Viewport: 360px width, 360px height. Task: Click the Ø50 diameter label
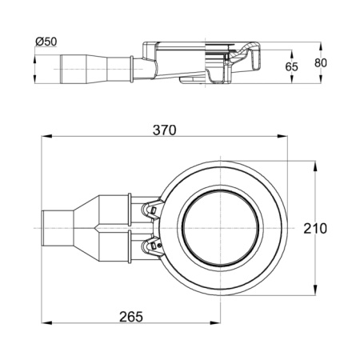point(46,42)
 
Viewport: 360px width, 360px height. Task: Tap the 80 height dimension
point(321,63)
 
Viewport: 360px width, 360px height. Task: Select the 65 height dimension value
point(291,66)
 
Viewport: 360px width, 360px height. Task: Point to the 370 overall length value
point(165,130)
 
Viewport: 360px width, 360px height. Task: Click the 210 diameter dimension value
point(315,229)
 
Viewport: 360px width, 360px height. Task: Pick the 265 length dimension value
point(131,317)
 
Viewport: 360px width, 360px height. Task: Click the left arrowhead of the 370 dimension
point(46,137)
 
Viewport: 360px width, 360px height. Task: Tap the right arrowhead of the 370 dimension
point(282,137)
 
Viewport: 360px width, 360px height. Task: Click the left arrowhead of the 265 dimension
point(46,323)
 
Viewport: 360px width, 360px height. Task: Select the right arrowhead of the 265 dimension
point(215,323)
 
